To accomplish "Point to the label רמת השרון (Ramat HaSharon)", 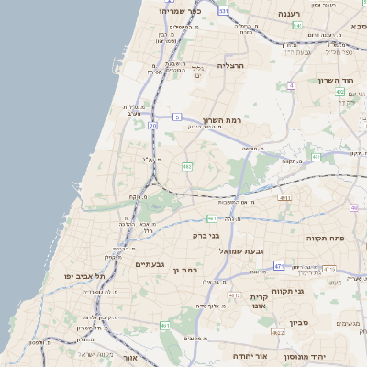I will pyautogui.click(x=225, y=120).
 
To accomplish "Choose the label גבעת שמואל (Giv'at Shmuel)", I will pyautogui.click(x=241, y=250).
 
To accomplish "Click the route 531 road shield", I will pyautogui.click(x=225, y=11).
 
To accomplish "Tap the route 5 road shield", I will pyautogui.click(x=176, y=117).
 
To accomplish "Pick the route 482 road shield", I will pyautogui.click(x=186, y=166).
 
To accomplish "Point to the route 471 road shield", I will pyautogui.click(x=279, y=266).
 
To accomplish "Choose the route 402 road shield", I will pyautogui.click(x=339, y=93).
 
